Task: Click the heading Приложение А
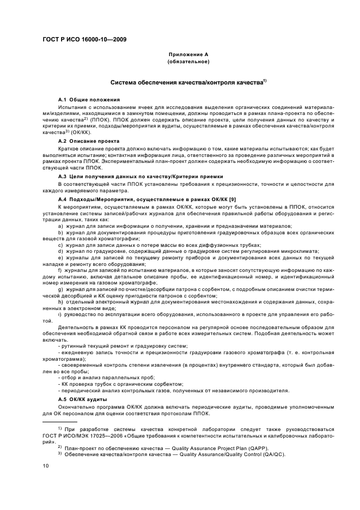[x=188, y=55]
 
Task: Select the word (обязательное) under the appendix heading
[x=188, y=62]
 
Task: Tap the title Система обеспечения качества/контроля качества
[x=186, y=83]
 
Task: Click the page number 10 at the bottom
[x=45, y=466]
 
